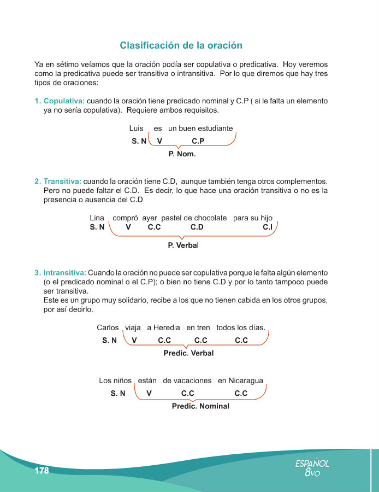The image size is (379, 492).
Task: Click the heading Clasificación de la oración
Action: pyautogui.click(x=181, y=45)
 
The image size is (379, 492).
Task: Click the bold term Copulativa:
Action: pyautogui.click(x=64, y=102)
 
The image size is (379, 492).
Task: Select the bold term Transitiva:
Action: pyautogui.click(x=62, y=181)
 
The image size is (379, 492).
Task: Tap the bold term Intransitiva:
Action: pyautogui.click(x=64, y=272)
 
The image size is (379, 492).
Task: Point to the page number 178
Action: pyautogui.click(x=42, y=471)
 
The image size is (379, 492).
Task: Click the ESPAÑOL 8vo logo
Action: pyautogui.click(x=312, y=467)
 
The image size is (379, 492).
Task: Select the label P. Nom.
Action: pyautogui.click(x=182, y=154)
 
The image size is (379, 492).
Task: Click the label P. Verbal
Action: pyautogui.click(x=183, y=245)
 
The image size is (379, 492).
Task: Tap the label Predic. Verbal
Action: pyautogui.click(x=188, y=353)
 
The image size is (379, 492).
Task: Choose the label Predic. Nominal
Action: pyautogui.click(x=200, y=406)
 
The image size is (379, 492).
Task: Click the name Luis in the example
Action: pyautogui.click(x=136, y=128)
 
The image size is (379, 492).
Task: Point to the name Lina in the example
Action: pyautogui.click(x=97, y=218)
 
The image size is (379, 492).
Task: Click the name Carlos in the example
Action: pyautogui.click(x=108, y=328)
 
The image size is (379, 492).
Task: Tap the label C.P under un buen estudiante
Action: pyautogui.click(x=198, y=141)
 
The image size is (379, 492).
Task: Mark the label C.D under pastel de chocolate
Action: pyautogui.click(x=197, y=227)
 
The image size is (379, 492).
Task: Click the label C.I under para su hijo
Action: pyautogui.click(x=268, y=227)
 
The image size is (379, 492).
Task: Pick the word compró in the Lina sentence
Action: pyautogui.click(x=125, y=218)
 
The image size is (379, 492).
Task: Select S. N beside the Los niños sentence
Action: pyautogui.click(x=118, y=393)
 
